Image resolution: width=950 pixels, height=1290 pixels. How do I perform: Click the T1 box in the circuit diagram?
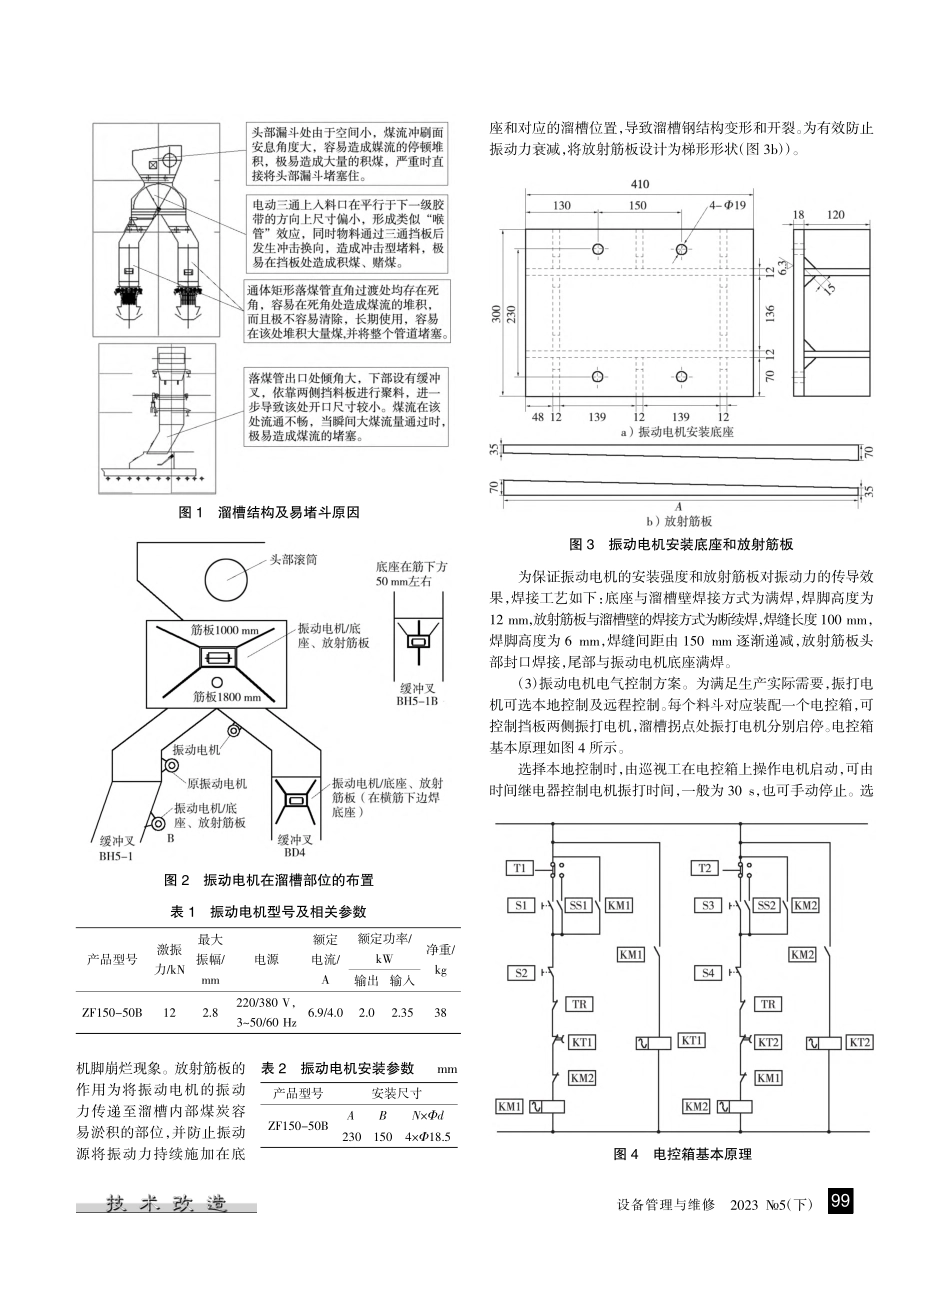pos(519,868)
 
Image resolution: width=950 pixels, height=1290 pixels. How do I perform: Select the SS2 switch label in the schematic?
pos(764,905)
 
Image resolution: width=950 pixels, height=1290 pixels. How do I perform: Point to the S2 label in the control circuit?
pos(519,972)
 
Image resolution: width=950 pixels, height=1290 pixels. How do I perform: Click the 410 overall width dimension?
pos(640,186)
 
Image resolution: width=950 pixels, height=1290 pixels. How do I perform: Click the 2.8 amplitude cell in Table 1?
pos(210,1012)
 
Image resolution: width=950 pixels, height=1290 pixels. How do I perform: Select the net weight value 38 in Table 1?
pos(440,1012)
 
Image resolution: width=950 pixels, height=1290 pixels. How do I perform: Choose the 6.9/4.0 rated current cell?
pos(326,1012)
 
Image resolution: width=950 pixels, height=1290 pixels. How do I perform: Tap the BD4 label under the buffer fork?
pos(294,853)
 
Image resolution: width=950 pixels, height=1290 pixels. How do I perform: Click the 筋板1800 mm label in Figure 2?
pos(227,697)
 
